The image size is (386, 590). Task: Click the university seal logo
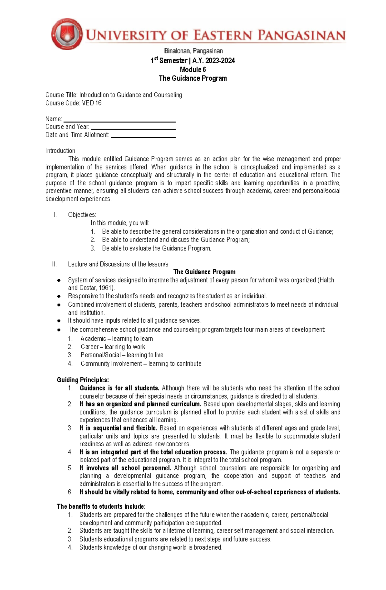67,34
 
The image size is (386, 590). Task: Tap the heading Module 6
193,69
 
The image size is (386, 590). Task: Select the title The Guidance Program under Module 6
193,78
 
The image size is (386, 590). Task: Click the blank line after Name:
119,122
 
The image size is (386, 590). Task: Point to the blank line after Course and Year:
133,129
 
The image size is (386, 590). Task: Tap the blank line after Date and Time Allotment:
143,137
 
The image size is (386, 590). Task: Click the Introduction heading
60,150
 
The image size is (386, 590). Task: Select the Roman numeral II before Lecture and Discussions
54,264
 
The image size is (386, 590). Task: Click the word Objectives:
82,214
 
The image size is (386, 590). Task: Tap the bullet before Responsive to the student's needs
59,296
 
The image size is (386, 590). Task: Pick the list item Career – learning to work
113,347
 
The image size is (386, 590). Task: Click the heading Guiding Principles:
83,380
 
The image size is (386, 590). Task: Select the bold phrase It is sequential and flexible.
118,428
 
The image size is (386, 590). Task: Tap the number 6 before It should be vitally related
70,492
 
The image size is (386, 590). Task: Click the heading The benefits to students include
100,506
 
